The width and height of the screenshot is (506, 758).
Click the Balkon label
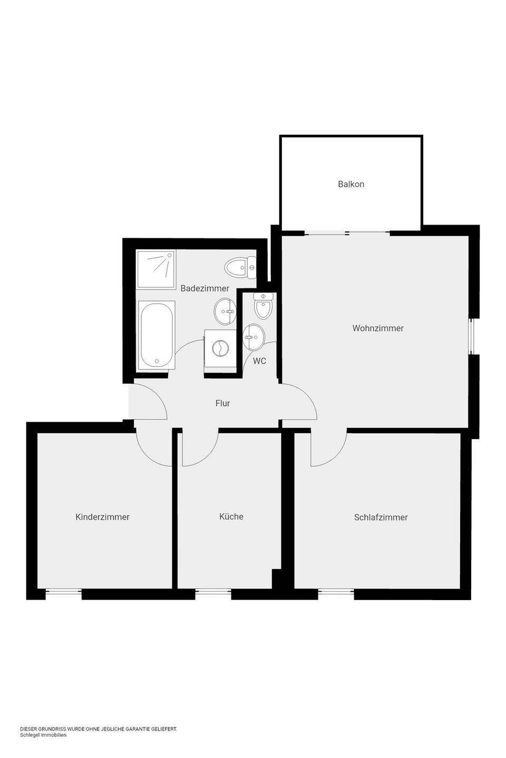point(351,184)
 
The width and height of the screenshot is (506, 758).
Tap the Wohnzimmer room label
point(378,328)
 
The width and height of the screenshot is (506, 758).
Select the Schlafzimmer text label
point(381,517)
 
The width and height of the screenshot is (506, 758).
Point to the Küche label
point(231,516)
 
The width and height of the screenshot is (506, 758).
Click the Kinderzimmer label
point(102,517)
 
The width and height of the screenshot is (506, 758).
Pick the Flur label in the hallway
point(222,403)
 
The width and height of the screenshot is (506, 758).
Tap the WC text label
point(259,361)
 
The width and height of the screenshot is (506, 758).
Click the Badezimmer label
point(205,288)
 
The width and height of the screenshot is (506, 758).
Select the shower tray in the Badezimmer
point(156,270)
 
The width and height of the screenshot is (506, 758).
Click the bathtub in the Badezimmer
point(156,335)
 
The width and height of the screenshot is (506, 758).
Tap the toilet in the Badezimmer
point(240,267)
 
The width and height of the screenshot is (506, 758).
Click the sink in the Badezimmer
point(225,311)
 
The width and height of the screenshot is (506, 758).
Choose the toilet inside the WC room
point(263,306)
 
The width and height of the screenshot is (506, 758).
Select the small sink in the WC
point(253,337)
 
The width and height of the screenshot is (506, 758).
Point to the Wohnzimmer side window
point(471,336)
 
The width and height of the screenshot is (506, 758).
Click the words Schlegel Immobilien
point(43,735)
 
